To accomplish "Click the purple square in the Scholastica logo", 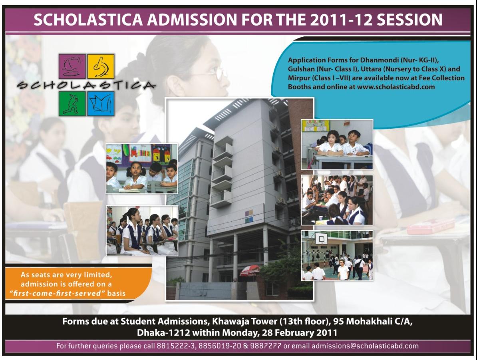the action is pos(72,66).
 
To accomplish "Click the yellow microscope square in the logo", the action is pos(101,66).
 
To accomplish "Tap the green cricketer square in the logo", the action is pos(72,103).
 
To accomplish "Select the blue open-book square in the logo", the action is pos(101,103).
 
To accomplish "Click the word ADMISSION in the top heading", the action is pos(192,20).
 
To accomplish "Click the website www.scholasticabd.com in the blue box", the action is pos(396,87).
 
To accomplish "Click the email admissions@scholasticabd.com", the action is pos(365,346).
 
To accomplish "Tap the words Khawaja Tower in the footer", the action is pos(244,321).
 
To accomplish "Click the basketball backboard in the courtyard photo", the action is pos(321,239).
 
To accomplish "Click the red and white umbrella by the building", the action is pos(250,270).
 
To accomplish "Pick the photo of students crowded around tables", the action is pos(337,200).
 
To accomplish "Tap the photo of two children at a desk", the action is pos(337,144).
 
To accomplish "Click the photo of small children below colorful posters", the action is pos(142,169).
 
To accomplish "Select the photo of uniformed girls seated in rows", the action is pos(142,231).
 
